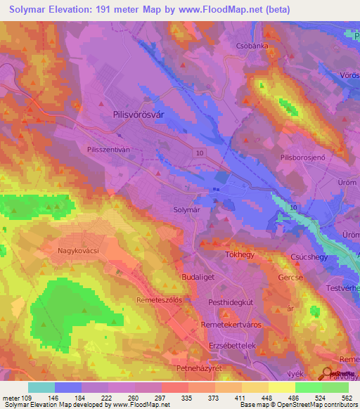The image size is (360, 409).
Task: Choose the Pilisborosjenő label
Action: click(303, 159)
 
